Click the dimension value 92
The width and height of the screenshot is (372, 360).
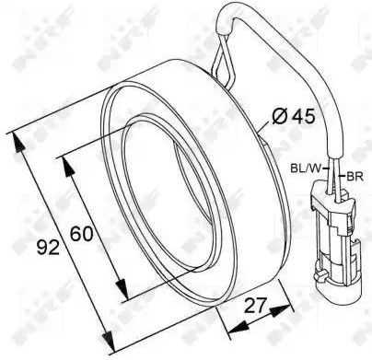[x=48, y=248]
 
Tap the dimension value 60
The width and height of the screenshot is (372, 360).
[x=81, y=234]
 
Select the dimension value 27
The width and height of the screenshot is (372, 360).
[x=255, y=306]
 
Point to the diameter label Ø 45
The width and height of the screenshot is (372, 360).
[x=294, y=117]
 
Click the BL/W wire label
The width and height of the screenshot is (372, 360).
[x=306, y=168]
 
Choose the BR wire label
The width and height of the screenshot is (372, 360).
[x=355, y=177]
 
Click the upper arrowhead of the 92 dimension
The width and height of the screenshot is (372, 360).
[x=18, y=143]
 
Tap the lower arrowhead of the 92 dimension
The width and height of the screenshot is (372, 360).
[x=109, y=341]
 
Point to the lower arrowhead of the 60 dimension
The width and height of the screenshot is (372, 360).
[x=122, y=288]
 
